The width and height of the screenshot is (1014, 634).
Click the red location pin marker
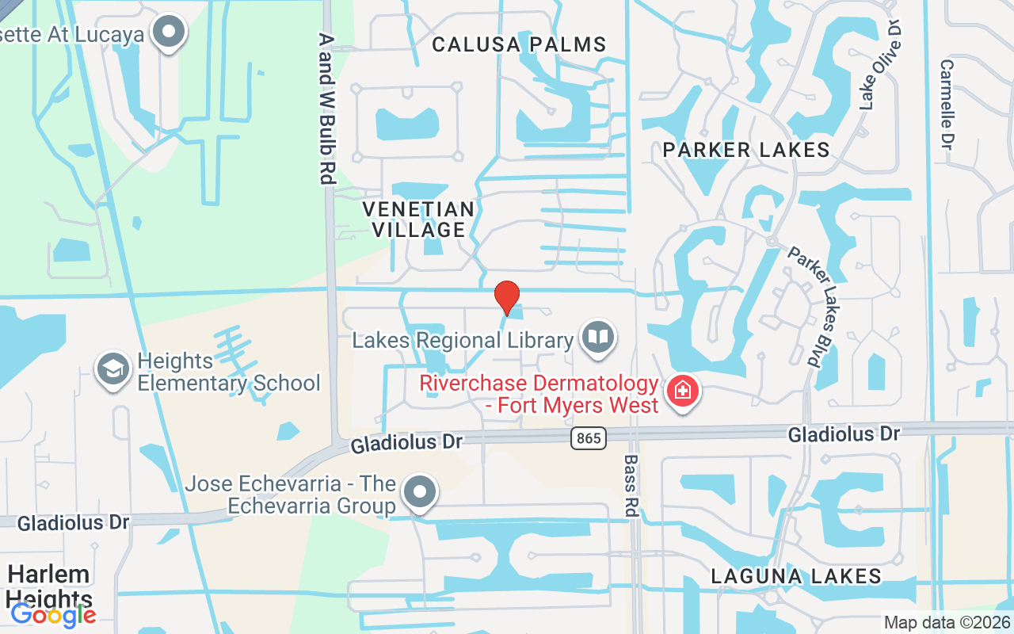(507, 298)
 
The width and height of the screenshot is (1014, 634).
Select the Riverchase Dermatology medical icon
(681, 390)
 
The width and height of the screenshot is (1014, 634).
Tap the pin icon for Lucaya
(168, 32)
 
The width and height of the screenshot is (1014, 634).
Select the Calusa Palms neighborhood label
(519, 44)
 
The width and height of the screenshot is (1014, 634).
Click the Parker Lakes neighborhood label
(745, 149)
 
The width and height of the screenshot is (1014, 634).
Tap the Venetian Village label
(418, 220)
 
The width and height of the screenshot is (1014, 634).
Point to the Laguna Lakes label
(795, 576)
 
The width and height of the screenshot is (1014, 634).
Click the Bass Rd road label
(631, 485)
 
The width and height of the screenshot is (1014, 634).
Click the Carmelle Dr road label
(946, 104)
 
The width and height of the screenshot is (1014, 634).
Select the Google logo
(53, 614)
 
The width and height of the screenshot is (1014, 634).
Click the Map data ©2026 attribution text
(946, 622)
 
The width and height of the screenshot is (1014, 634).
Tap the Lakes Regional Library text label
(463, 341)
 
